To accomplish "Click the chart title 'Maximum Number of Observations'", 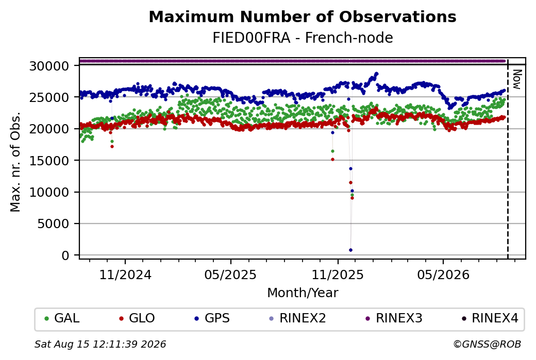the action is (303, 16).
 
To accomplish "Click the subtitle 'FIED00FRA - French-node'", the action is (303, 38).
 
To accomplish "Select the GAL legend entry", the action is (62, 318).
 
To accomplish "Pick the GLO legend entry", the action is (137, 318).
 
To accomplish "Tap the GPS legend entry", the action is (212, 318).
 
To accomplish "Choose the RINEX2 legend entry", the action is (297, 318).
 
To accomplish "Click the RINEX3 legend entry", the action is (394, 318).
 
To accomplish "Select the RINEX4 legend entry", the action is (490, 318).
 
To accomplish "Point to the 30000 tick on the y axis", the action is (49, 66).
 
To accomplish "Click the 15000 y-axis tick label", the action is (49, 161).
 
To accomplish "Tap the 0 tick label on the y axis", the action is (65, 255).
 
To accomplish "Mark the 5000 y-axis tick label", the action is (53, 224).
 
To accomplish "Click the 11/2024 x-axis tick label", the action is (125, 275).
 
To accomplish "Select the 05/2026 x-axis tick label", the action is (443, 275).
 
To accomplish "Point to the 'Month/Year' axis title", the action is (303, 293).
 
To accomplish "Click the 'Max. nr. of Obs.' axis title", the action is (15, 162).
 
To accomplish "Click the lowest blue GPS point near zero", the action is (350, 250).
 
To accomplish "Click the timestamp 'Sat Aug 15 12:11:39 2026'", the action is (100, 344).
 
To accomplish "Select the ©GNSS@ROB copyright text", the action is (487, 344).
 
